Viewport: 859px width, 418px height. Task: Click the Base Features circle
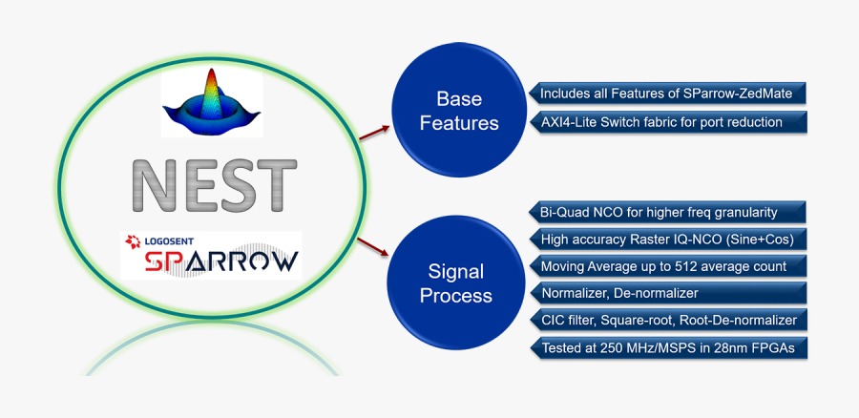click(459, 110)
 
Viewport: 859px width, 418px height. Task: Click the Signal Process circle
click(456, 282)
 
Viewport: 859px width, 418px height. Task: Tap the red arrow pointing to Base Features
click(374, 133)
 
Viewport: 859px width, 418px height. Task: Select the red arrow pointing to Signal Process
click(372, 246)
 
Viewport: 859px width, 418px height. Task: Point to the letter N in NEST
click(154, 186)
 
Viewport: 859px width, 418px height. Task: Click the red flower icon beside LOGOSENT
click(133, 241)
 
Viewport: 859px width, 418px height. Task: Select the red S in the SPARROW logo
click(157, 261)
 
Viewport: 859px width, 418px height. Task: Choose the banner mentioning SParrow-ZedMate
click(668, 94)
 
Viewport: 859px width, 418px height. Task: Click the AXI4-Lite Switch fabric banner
click(668, 122)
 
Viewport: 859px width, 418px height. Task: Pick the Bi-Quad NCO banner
click(668, 212)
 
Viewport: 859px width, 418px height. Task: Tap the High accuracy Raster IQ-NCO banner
click(668, 239)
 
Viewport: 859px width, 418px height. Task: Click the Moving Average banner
click(668, 266)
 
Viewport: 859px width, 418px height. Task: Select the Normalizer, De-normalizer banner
click(668, 293)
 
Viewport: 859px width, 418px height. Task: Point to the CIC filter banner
click(668, 320)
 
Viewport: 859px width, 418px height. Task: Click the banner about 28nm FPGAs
click(668, 347)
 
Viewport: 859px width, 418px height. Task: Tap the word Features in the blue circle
click(459, 123)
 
